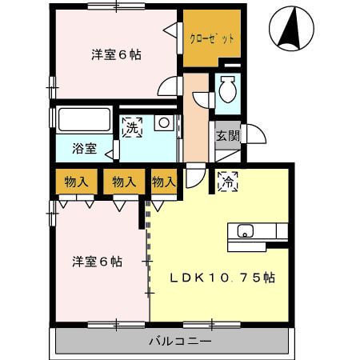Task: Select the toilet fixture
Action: pyautogui.click(x=226, y=90)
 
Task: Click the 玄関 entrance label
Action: pyautogui.click(x=227, y=135)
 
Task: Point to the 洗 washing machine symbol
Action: pyautogui.click(x=132, y=126)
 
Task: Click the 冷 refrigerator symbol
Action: pyautogui.click(x=226, y=180)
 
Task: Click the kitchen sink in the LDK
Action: pyautogui.click(x=245, y=232)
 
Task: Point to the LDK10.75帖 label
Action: pyautogui.click(x=222, y=278)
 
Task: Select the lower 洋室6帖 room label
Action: pyautogui.click(x=97, y=262)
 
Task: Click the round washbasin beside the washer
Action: pyautogui.click(x=163, y=122)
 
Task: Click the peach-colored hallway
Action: pyautogui.click(x=194, y=116)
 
